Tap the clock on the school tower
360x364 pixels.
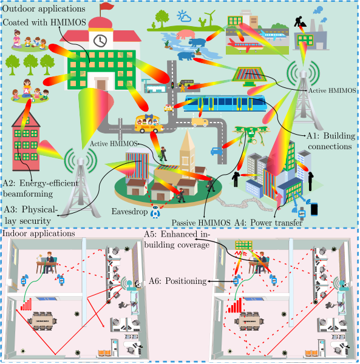100,41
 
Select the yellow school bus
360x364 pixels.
149,124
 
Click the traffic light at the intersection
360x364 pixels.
172,85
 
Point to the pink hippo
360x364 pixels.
185,34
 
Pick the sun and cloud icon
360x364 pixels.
184,16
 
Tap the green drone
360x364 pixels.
250,134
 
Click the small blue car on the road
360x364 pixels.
217,151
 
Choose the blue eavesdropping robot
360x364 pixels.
155,211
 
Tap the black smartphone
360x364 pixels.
314,209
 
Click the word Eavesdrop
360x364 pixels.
129,212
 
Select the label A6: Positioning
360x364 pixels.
178,281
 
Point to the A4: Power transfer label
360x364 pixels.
268,223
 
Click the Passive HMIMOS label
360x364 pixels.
201,223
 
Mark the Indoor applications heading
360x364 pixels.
39,234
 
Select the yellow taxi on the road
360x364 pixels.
168,108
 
